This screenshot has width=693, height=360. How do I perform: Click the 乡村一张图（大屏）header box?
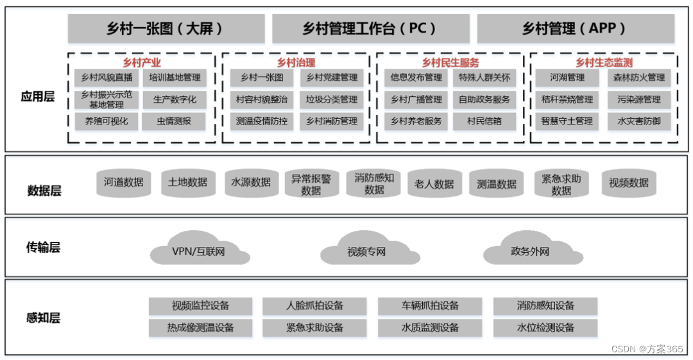click(166, 29)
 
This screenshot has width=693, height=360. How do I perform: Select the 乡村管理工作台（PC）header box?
click(370, 29)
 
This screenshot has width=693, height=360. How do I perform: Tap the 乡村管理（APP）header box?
click(574, 29)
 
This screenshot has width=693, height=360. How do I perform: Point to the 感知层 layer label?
click(43, 318)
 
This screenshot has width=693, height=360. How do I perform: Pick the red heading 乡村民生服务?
click(450, 62)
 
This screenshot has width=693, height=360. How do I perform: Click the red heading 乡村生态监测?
click(604, 62)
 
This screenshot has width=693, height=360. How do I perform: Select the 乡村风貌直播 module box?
click(107, 78)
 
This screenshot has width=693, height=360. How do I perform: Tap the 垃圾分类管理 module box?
click(332, 99)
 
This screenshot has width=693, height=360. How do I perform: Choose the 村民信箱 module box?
click(484, 121)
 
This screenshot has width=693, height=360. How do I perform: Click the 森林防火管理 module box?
click(639, 78)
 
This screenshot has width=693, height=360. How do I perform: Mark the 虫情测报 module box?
click(174, 121)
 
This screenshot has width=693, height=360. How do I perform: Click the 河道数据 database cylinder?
click(124, 182)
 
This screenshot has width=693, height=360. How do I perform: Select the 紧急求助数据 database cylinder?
click(561, 184)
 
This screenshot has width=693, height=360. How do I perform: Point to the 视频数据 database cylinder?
click(628, 183)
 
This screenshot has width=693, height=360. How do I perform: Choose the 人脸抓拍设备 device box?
click(314, 305)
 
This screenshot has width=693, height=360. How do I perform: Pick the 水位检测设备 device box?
click(545, 327)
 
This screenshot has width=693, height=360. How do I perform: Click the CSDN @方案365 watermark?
click(647, 348)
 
